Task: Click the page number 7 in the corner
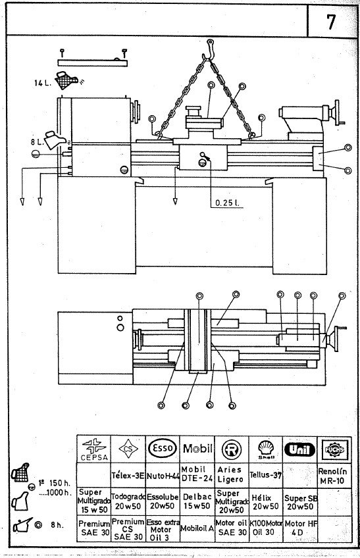[x=330, y=22]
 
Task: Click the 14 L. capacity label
[x=43, y=83]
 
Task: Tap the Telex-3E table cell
[x=128, y=473]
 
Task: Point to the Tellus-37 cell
[x=265, y=474]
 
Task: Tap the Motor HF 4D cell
[x=299, y=528]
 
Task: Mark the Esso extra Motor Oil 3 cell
[x=162, y=528]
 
